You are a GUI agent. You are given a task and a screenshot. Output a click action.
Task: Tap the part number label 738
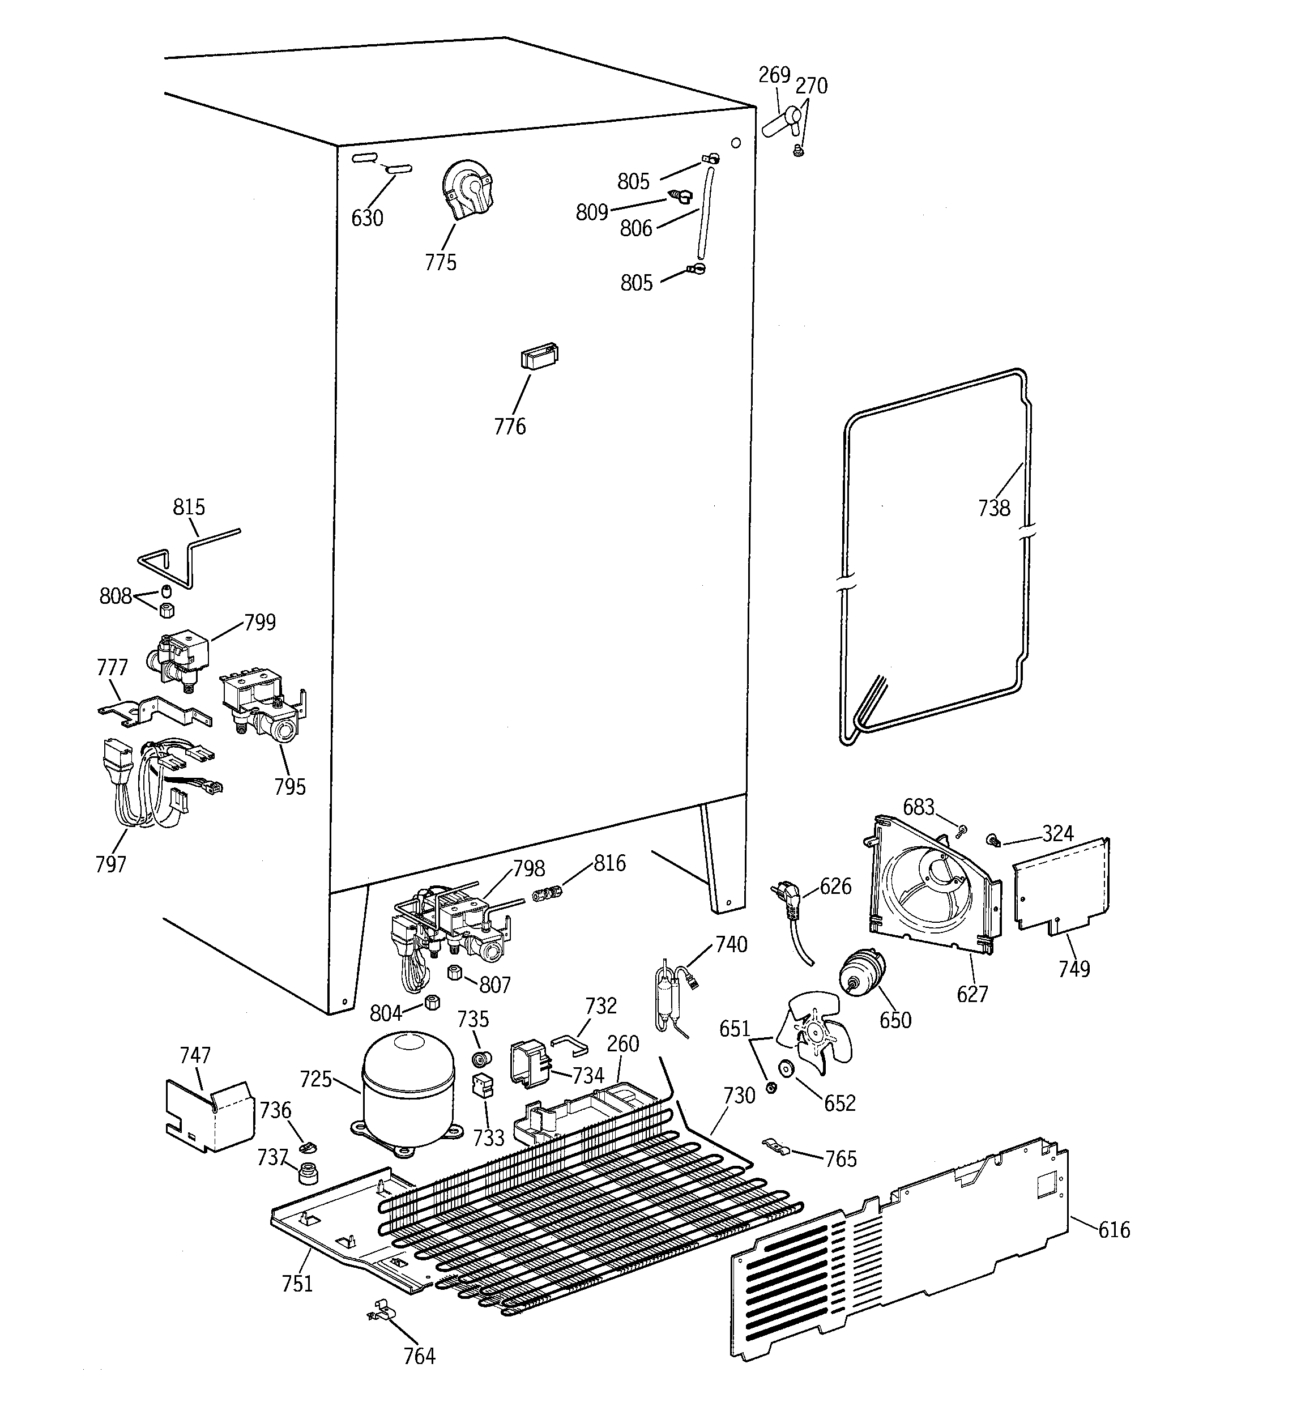[x=994, y=508]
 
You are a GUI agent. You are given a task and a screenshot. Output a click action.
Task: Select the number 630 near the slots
[x=367, y=219]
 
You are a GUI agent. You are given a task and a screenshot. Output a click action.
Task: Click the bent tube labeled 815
[x=187, y=553]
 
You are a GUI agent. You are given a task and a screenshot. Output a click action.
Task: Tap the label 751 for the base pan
[x=297, y=1284]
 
